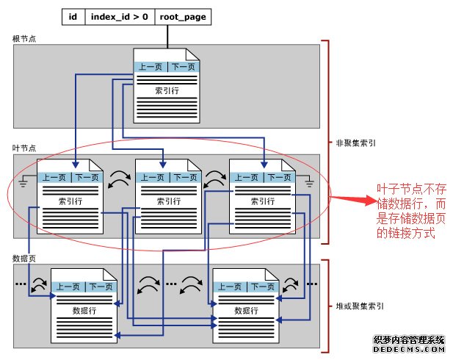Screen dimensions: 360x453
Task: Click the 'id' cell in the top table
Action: (73, 15)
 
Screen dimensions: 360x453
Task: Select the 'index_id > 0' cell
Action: (120, 15)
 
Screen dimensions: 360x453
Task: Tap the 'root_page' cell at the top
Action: (181, 15)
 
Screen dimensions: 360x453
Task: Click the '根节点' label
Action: (23, 38)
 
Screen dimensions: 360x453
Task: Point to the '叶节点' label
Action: (23, 148)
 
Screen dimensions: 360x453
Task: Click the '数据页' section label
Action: (23, 259)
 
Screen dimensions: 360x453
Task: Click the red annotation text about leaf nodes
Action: (410, 211)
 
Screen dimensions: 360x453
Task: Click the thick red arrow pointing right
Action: (351, 198)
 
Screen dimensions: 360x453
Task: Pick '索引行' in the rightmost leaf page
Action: (262, 201)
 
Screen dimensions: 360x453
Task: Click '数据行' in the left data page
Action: (85, 311)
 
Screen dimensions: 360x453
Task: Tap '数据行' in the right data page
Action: (246, 311)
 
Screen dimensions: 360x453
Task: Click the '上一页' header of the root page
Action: (151, 67)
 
